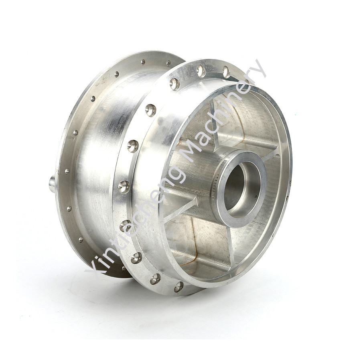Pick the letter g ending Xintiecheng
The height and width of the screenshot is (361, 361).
[x=177, y=175]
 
